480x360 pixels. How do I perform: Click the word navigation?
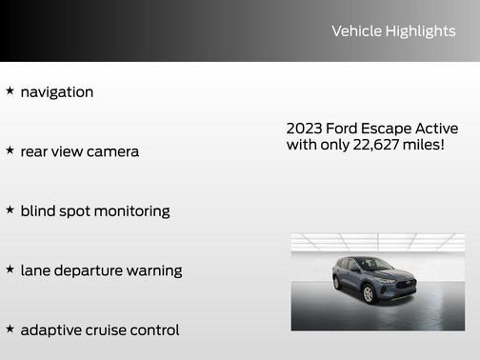57,92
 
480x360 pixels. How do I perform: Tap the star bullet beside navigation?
10,91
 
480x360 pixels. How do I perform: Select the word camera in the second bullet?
112,151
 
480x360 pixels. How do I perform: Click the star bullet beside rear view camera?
10,150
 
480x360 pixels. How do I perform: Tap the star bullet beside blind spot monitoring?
10,210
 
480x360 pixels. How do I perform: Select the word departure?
92,270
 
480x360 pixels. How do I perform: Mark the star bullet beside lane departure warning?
10,270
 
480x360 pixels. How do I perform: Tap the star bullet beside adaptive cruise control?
10,329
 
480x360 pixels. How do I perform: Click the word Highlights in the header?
420,31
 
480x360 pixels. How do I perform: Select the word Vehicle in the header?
356,31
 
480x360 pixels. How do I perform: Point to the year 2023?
305,129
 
